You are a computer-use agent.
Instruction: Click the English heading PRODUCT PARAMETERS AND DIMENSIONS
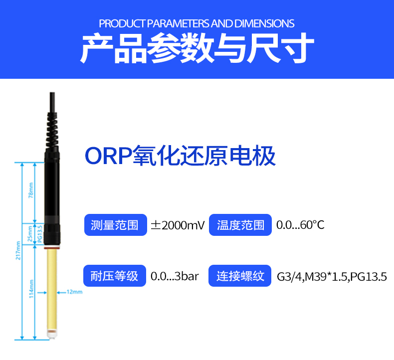(197, 23)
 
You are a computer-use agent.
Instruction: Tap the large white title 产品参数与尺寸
(197, 48)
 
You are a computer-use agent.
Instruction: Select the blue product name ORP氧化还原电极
(180, 156)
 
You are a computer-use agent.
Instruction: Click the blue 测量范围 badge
(115, 225)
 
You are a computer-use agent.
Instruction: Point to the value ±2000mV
(178, 225)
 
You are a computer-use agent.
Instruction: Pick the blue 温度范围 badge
(240, 225)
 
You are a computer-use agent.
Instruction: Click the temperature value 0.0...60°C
(300, 225)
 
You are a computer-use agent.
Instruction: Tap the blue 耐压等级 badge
(115, 276)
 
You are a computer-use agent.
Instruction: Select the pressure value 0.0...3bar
(175, 276)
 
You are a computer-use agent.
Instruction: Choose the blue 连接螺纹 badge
(240, 276)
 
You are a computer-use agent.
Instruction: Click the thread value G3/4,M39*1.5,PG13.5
(332, 277)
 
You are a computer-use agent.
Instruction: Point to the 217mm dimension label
(18, 250)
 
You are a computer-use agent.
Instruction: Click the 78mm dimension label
(31, 190)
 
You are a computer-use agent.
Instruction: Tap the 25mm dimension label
(30, 234)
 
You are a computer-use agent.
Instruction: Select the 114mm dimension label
(31, 289)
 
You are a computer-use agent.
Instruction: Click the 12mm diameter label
(75, 292)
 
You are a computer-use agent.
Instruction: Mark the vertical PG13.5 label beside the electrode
(40, 234)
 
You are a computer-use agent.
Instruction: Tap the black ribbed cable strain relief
(52, 130)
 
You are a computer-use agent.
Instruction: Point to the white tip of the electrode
(51, 335)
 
